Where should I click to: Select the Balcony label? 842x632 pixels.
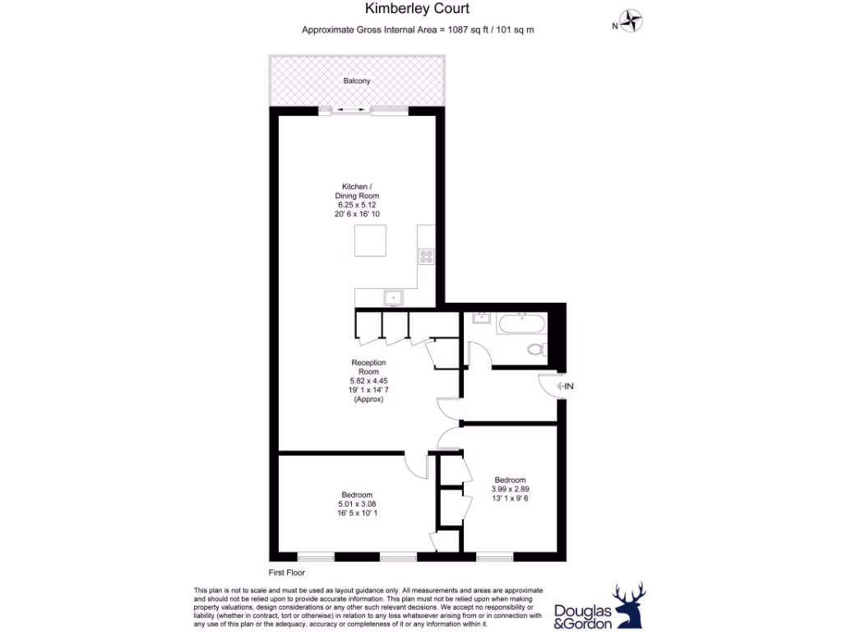tap(357, 81)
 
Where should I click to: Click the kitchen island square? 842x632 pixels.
tap(370, 240)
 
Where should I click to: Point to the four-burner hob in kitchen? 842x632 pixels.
tap(426, 256)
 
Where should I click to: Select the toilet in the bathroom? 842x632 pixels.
tap(538, 349)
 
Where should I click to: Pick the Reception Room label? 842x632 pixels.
tap(368, 367)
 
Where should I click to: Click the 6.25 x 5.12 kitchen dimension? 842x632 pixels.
tap(357, 204)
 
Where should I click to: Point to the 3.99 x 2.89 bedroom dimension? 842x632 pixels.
tap(510, 489)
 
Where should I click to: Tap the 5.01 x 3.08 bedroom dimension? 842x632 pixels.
tap(357, 504)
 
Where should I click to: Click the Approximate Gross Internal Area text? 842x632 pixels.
tap(419, 30)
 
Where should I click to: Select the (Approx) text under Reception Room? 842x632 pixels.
tap(368, 399)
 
